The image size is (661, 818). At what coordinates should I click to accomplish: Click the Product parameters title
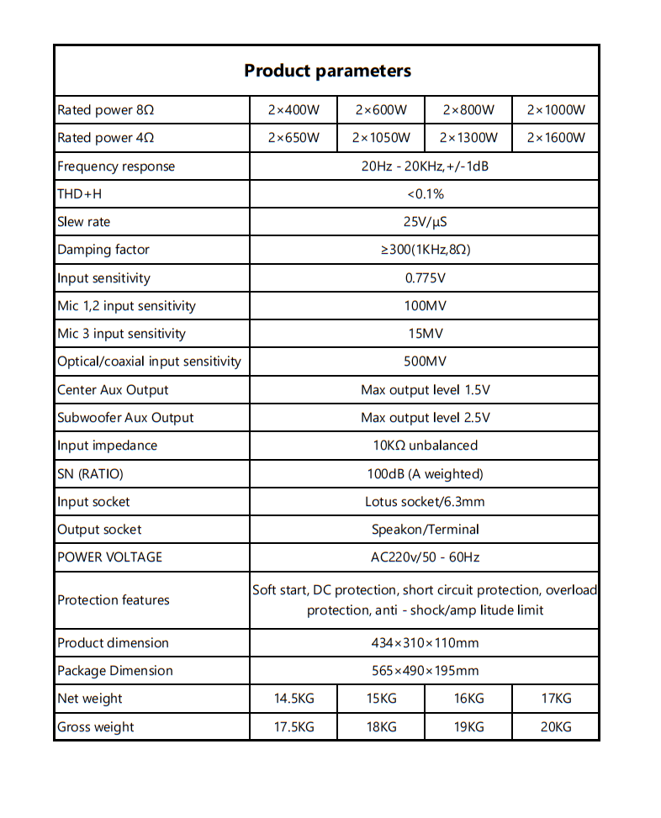click(327, 71)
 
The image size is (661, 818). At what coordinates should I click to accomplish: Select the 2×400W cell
click(293, 110)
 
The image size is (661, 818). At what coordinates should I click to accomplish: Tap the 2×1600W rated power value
click(556, 138)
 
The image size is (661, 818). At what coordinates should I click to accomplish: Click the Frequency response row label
click(116, 166)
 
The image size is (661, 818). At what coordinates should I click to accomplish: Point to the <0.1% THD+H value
click(425, 194)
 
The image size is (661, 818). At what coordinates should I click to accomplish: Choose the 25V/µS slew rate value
click(425, 222)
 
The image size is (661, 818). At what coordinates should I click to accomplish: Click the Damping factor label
click(103, 250)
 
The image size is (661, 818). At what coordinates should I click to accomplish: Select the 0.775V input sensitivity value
click(425, 278)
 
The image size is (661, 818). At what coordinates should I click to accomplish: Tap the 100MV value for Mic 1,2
click(425, 306)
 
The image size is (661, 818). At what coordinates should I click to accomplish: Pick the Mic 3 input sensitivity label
click(121, 334)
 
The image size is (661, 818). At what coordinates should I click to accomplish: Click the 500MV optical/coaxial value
click(425, 362)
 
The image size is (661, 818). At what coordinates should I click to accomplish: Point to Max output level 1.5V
click(425, 390)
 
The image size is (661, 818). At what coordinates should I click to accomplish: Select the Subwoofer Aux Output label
click(125, 418)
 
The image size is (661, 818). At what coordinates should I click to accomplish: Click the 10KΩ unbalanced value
click(425, 446)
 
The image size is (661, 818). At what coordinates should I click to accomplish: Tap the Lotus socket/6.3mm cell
click(425, 502)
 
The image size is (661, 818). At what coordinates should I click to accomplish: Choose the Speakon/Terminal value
click(425, 530)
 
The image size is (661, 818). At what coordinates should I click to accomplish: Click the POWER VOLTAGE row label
click(109, 557)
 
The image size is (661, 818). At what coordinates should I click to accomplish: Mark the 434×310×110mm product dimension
click(425, 643)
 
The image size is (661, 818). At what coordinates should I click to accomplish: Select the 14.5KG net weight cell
click(293, 699)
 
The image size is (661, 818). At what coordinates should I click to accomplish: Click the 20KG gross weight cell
click(556, 727)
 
